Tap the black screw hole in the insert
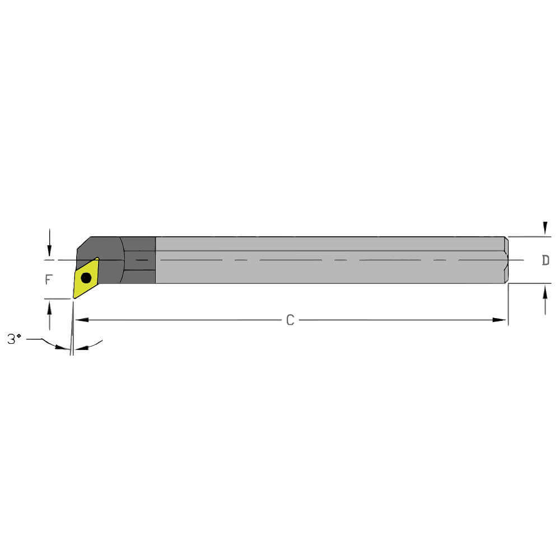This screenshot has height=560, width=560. point(86,278)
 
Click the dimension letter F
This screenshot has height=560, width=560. point(48,278)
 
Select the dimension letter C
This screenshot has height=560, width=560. point(290,320)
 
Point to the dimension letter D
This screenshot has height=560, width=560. point(545,260)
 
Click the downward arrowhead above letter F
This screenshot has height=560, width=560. point(50,253)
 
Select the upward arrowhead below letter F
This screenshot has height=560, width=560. point(50,305)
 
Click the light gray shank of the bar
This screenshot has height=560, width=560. point(330,272)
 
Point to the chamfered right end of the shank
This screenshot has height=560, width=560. point(506,260)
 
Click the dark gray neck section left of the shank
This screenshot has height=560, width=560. point(139,260)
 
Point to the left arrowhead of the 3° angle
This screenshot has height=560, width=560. point(65,348)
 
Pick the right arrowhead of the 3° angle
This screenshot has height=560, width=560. point(79,348)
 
